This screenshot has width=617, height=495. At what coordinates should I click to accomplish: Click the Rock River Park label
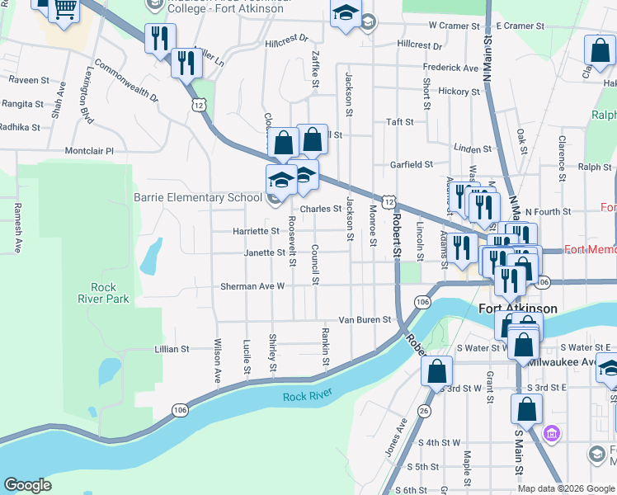click(x=104, y=293)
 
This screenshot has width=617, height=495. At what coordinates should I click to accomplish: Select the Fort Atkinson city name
click(x=518, y=309)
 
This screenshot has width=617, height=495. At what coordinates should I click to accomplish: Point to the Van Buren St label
click(x=364, y=320)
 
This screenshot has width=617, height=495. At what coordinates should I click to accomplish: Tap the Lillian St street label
click(x=172, y=350)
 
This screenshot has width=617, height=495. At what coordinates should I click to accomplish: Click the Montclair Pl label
click(x=88, y=151)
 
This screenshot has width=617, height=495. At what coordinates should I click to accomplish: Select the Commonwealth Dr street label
click(x=125, y=81)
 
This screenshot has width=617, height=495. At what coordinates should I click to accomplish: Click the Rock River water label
click(x=306, y=397)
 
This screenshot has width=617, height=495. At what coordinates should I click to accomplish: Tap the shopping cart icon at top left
click(x=64, y=8)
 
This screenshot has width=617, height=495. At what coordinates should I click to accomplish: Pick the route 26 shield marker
click(x=424, y=411)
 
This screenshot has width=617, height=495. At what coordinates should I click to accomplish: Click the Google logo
click(x=27, y=485)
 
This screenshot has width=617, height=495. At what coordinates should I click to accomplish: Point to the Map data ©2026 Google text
click(x=565, y=488)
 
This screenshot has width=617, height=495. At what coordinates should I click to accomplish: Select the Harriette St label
click(x=238, y=231)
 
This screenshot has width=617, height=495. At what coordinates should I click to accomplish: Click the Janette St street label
click(x=264, y=252)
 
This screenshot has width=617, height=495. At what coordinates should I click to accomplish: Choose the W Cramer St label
click(x=454, y=26)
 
